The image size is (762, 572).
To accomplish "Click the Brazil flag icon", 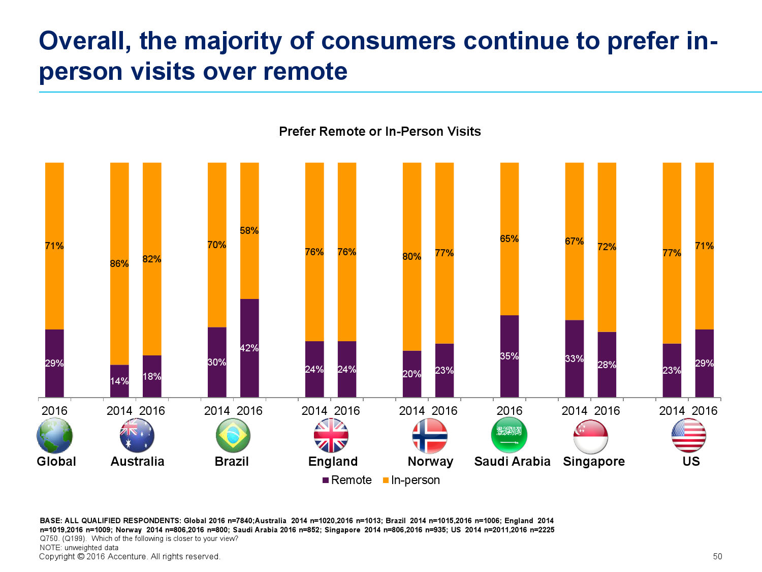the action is (x=233, y=436).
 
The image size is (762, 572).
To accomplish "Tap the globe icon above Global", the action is (x=54, y=436).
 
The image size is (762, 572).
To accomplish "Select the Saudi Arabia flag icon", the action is (x=509, y=435).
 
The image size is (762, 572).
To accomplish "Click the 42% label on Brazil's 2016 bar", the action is (x=249, y=348).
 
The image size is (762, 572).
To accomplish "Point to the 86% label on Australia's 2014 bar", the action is (x=119, y=263).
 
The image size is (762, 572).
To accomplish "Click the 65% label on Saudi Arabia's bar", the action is (x=510, y=238).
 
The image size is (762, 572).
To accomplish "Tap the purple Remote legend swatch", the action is (x=326, y=480).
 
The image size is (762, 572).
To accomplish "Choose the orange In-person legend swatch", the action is (x=386, y=480).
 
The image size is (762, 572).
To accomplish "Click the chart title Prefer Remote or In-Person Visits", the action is (x=380, y=131).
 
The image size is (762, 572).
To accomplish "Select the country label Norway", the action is (x=430, y=462).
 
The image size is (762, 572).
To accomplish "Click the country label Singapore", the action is (x=594, y=462).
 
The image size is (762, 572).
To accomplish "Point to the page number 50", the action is (x=718, y=556).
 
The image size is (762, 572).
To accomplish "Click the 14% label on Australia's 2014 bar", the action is (x=119, y=381).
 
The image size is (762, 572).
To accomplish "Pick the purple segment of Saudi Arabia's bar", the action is (x=510, y=356).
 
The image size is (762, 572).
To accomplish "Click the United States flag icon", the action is (x=688, y=436).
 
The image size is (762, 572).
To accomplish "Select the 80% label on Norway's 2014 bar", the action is (x=411, y=257).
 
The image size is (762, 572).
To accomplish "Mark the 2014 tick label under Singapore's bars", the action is (x=574, y=411).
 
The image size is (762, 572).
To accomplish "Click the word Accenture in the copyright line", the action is (x=128, y=556).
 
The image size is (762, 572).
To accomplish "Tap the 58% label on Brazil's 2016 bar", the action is (x=249, y=231).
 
